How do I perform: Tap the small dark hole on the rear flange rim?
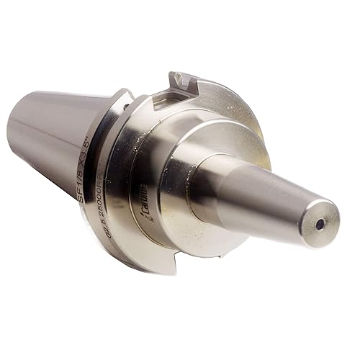click(x=126, y=107)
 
